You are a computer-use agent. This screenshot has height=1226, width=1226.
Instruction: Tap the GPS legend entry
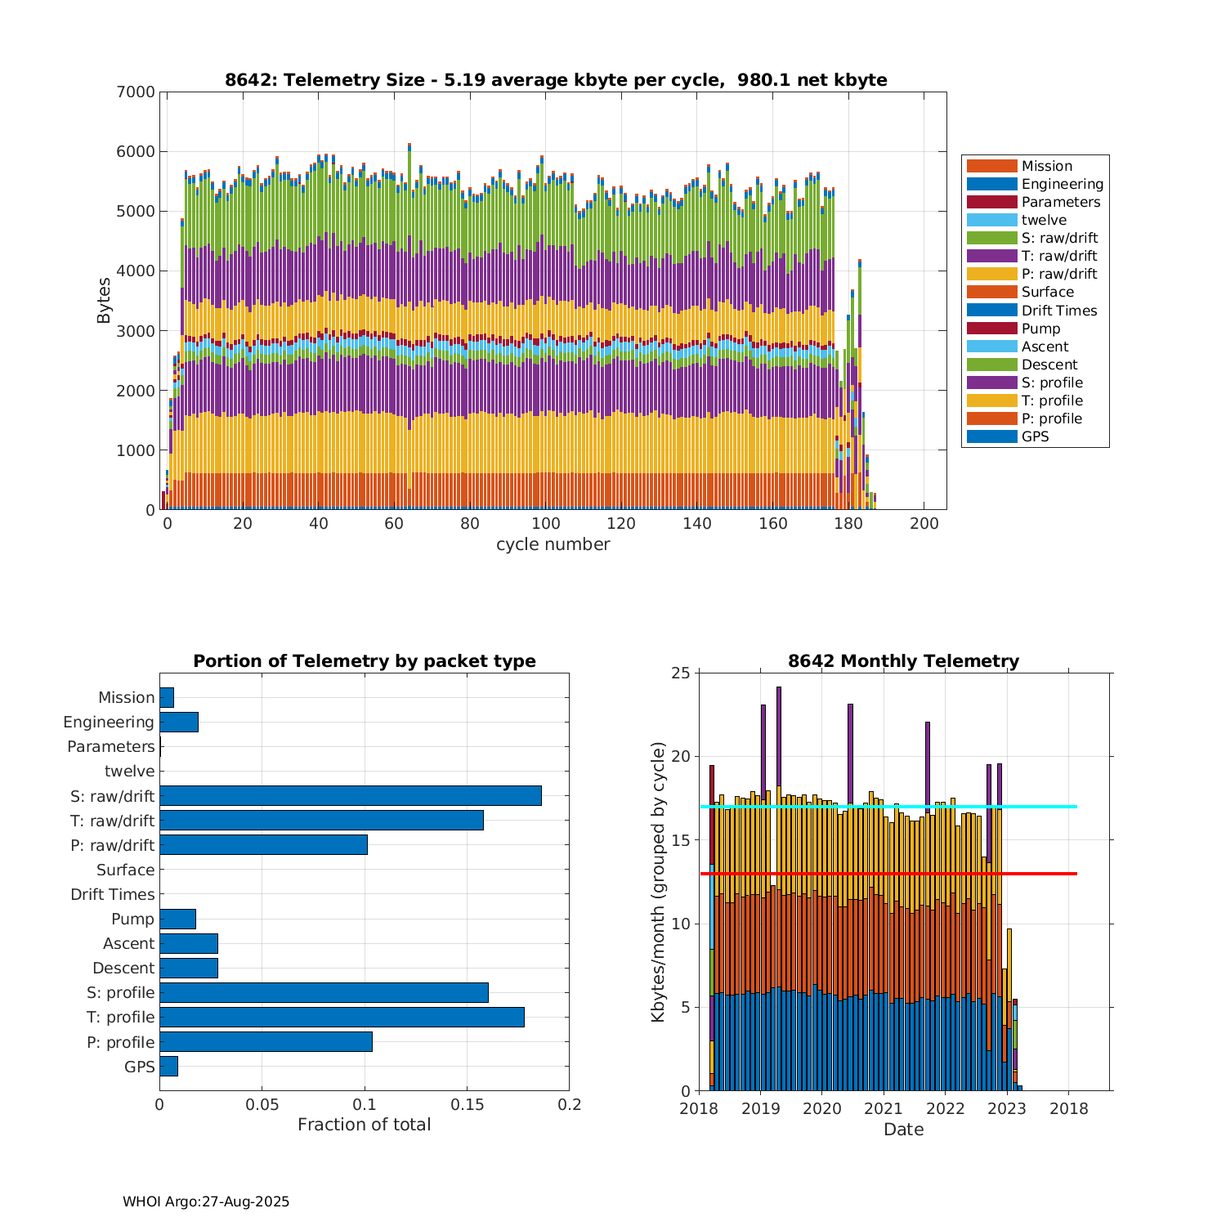coord(1035,436)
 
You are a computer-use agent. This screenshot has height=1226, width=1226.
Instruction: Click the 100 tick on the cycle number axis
coord(546,524)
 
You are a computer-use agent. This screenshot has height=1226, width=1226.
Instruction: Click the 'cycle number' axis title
coord(553,544)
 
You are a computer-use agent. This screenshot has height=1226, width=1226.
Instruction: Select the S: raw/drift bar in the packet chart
coord(350,796)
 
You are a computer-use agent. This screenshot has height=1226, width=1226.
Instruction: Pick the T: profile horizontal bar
coord(342,1017)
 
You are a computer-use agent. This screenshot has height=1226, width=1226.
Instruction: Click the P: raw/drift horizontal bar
coord(263,845)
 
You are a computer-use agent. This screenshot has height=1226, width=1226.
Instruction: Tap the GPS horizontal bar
coord(168,1067)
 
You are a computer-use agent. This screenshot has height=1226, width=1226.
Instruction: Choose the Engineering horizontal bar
coord(179,722)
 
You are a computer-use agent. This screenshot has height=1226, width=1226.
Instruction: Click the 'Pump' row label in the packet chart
coord(132,919)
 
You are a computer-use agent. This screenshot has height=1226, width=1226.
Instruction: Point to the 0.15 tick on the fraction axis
coord(467,1105)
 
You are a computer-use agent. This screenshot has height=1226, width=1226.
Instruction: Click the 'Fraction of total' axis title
coord(364,1125)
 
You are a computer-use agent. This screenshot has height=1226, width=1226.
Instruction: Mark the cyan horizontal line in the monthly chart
coord(1046,807)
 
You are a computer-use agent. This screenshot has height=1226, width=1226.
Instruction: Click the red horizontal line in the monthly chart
coord(1046,874)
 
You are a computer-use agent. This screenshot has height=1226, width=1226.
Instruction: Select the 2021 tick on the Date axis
coord(884,1108)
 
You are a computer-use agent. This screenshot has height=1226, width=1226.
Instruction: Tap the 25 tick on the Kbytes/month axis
coord(681,673)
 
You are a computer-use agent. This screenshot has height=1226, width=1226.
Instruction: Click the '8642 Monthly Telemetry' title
coord(903,661)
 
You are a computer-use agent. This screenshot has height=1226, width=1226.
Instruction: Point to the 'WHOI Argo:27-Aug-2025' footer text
coord(206,1201)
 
